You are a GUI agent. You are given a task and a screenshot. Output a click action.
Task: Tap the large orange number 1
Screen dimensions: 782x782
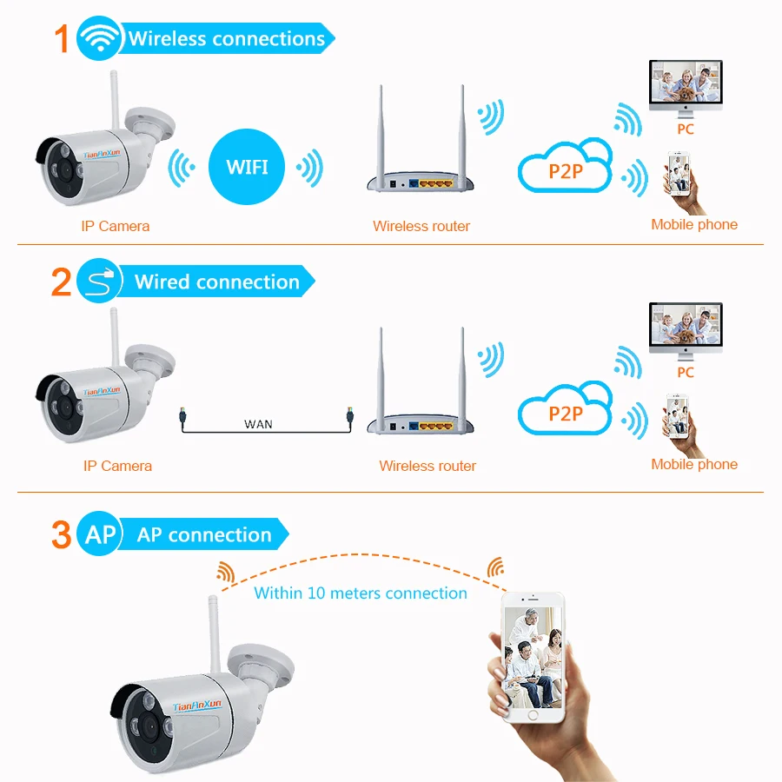pos(61,39)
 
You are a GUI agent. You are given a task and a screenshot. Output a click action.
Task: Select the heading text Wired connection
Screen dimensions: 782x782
pos(217,282)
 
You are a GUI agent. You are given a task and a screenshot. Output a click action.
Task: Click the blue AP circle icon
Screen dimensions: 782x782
pos(100,533)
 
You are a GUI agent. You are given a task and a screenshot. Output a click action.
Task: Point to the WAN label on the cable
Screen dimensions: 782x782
pos(258,424)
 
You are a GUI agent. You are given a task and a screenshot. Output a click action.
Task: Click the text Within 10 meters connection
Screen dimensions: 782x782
pos(361,593)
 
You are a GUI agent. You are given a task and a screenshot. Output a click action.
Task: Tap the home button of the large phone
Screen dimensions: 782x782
pos(533,717)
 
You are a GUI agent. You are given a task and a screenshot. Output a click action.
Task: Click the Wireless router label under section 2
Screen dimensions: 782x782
pos(427,467)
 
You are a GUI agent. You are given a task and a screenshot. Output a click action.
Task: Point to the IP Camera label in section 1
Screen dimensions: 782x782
pos(115,227)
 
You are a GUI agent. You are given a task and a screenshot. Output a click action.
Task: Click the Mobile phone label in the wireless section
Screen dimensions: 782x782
pos(694,225)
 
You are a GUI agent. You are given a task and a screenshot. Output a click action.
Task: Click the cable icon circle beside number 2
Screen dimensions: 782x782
pos(99,282)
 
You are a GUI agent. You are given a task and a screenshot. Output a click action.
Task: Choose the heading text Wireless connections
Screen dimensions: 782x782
pos(227,39)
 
